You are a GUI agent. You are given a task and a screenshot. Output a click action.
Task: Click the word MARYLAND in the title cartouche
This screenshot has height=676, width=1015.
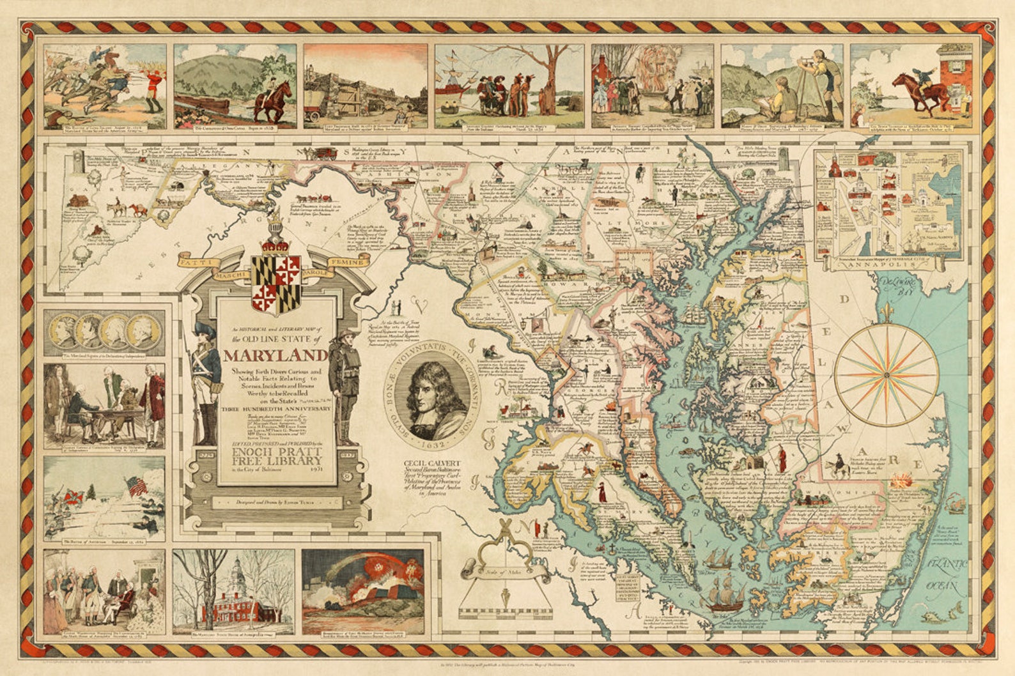click(x=275, y=355)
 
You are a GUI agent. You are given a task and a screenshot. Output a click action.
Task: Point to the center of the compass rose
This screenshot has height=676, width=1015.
click(x=886, y=375)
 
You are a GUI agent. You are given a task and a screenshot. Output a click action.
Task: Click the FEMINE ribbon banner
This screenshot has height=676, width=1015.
click(x=348, y=262)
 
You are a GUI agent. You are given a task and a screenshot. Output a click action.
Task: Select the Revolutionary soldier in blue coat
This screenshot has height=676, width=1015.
click(x=206, y=383)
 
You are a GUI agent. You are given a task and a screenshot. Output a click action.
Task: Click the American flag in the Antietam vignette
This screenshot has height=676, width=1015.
click(x=137, y=488)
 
